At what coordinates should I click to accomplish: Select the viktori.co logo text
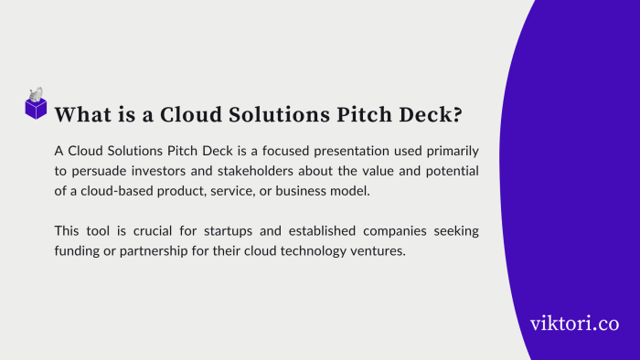(574, 323)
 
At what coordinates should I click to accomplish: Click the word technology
(316, 252)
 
